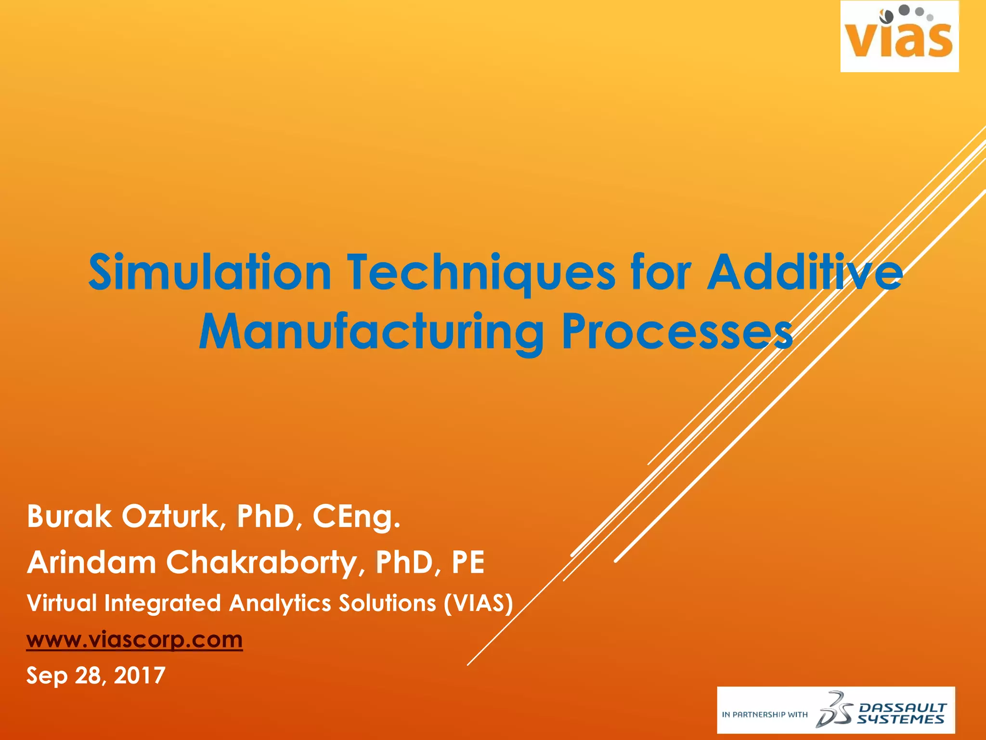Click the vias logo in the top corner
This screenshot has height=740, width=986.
point(899,37)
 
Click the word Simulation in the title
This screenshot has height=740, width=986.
point(209,272)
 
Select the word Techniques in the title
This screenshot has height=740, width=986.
point(481,272)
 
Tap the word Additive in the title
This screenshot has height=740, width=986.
point(804,272)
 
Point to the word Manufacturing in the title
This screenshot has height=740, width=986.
point(371,332)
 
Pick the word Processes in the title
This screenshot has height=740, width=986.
point(677,332)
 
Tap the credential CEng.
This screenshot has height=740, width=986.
point(356,516)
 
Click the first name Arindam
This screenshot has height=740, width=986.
point(91,562)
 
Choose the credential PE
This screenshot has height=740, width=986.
point(467,562)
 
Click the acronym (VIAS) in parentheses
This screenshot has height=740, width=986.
point(478,603)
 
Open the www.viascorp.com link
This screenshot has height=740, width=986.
point(134,640)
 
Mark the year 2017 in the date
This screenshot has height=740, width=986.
point(140,675)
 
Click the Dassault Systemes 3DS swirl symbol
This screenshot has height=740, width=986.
point(833,710)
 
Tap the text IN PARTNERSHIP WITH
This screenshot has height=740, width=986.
point(765,714)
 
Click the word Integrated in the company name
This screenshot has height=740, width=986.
point(162,603)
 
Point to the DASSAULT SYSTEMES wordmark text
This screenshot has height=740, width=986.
point(902,714)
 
